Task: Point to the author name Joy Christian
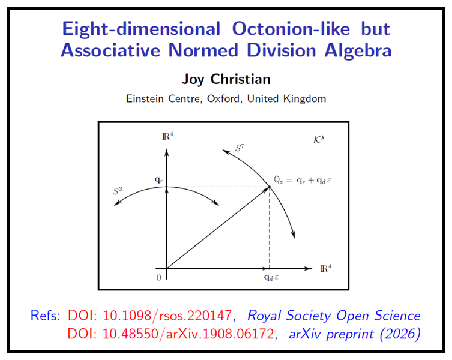pyautogui.click(x=226, y=80)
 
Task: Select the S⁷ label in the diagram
pyautogui.click(x=239, y=145)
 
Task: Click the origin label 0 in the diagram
pyautogui.click(x=158, y=278)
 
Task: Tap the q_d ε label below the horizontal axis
pyautogui.click(x=270, y=278)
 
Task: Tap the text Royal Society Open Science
pyautogui.click(x=334, y=316)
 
